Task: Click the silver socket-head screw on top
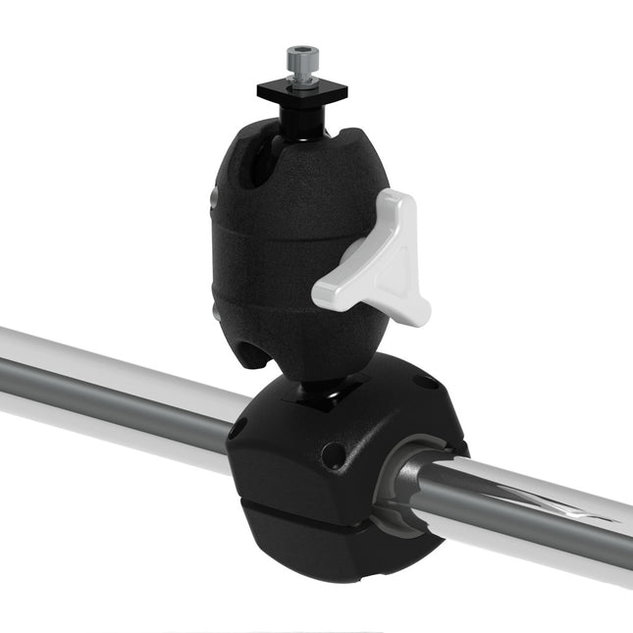click(x=298, y=63)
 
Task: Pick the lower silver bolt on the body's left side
click(x=217, y=311)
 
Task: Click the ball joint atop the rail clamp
click(x=318, y=393)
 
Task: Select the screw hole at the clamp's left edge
click(x=237, y=429)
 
